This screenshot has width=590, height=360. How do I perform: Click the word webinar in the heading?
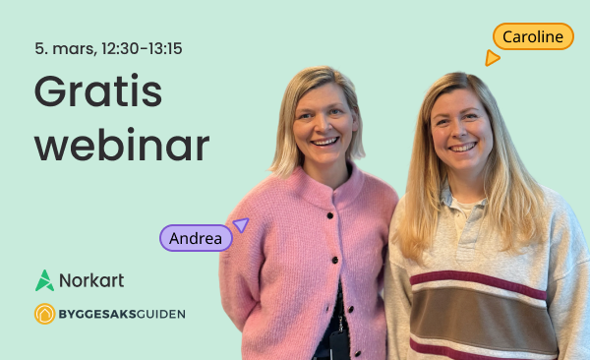pos(122,146)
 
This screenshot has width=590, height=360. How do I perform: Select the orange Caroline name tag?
pos(533,37)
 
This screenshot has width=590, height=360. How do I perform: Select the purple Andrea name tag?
pos(196,238)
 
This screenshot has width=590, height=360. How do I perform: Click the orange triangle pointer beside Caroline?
pos(492,58)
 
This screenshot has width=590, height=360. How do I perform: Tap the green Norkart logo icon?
pos(45,280)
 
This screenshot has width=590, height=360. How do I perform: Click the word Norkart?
pos(91,280)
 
